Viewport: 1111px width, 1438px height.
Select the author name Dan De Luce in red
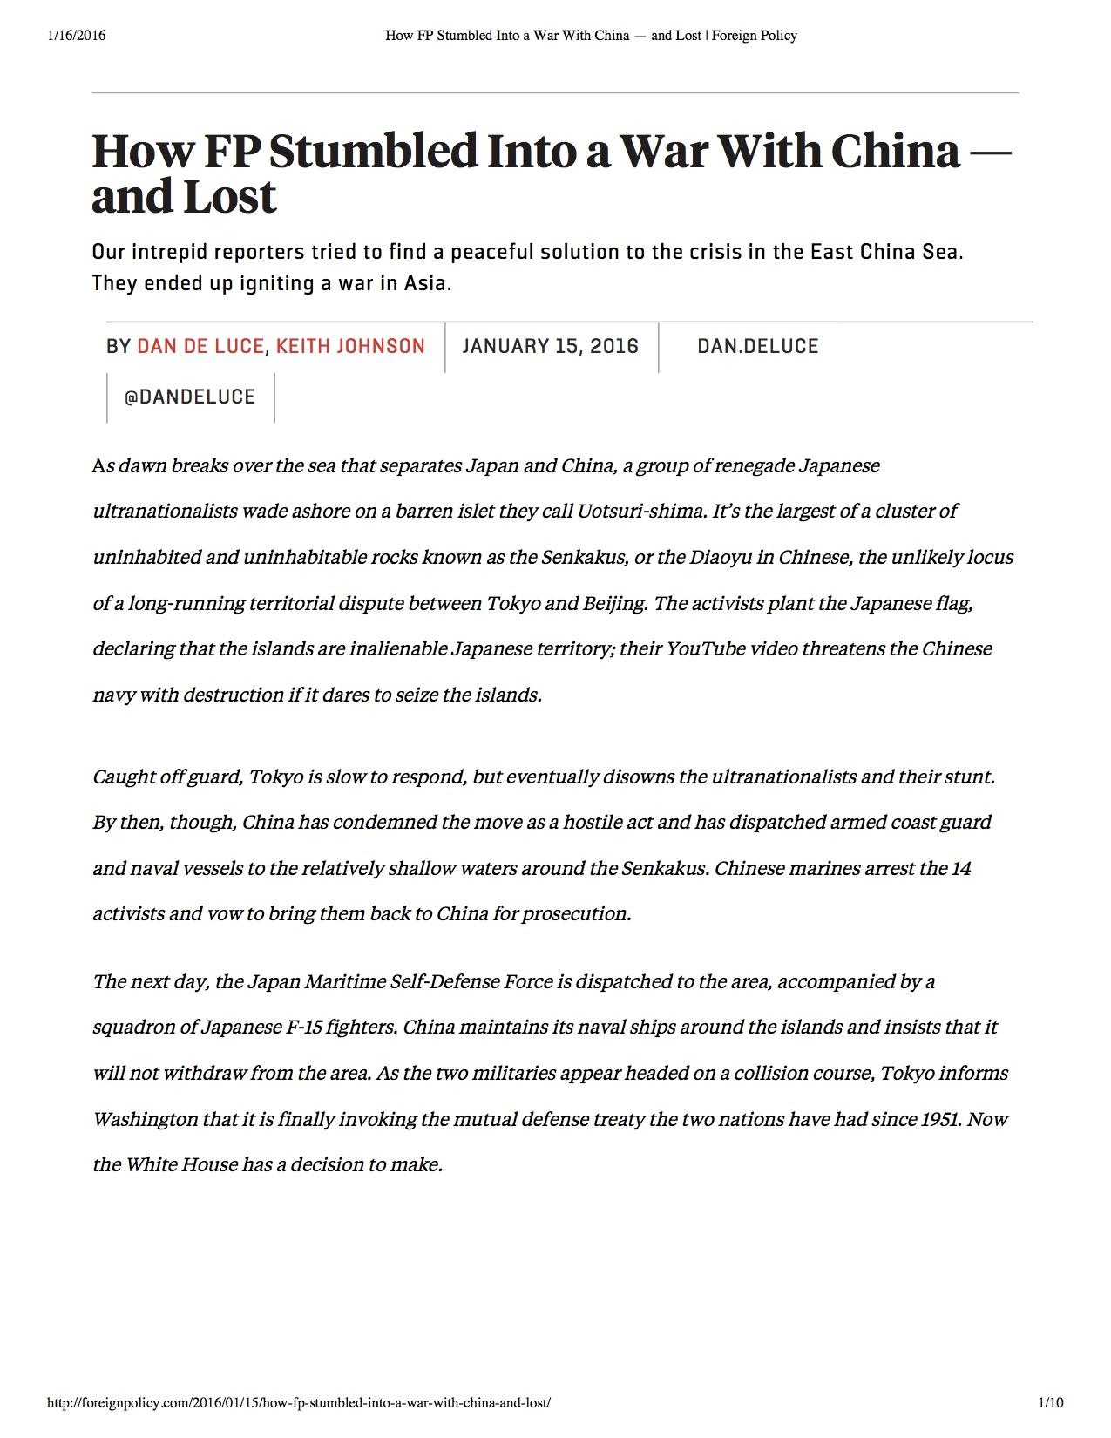[x=200, y=346]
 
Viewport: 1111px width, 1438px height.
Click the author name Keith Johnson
[x=350, y=346]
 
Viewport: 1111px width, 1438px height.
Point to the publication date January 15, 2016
[x=550, y=346]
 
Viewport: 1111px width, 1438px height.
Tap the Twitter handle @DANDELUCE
[x=190, y=397]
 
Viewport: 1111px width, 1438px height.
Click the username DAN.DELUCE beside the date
[x=757, y=346]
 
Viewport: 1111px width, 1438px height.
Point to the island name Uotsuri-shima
[x=640, y=511]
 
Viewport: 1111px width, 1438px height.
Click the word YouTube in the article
[x=705, y=649]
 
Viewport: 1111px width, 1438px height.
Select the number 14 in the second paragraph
[x=961, y=869]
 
